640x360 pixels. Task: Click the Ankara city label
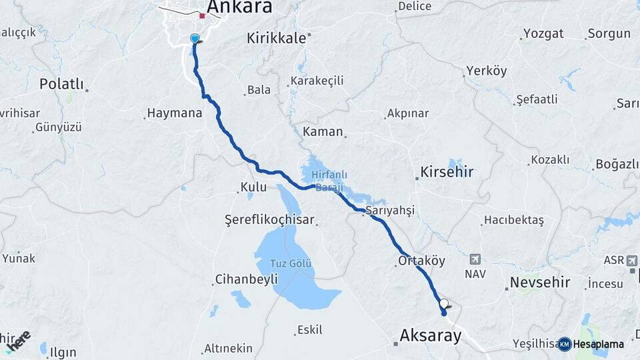[x=239, y=7]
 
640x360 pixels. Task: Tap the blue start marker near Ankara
[x=195, y=39]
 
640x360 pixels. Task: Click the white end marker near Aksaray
[x=444, y=305]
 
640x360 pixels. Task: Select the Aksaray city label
[x=430, y=335]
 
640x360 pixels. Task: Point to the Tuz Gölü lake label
[x=291, y=263]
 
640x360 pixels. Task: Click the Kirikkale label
[x=276, y=38]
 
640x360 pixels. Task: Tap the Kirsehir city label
[x=447, y=172]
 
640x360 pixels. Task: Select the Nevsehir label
[x=540, y=283]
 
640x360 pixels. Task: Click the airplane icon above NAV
[x=475, y=259]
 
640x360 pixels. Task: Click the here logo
[x=18, y=340]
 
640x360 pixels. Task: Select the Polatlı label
[x=62, y=84]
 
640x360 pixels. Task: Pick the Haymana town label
[x=175, y=113]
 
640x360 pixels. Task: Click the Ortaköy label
[x=421, y=261]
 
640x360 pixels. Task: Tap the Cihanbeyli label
[x=246, y=280]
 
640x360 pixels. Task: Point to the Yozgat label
[x=543, y=33]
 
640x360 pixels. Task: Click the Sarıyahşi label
[x=390, y=210]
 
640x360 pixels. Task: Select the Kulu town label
[x=253, y=187]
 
